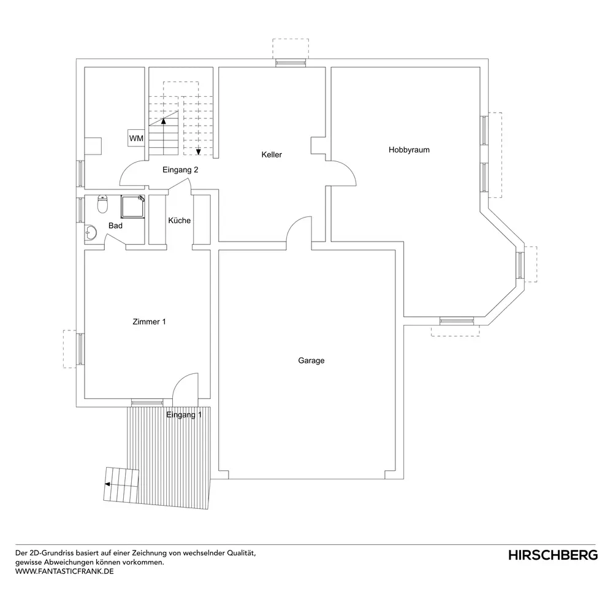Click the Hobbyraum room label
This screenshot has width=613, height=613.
pyautogui.click(x=409, y=150)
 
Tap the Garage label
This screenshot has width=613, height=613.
pyautogui.click(x=311, y=360)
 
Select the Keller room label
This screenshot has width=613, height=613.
pyautogui.click(x=272, y=155)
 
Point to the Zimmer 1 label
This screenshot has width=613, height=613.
pyautogui.click(x=150, y=322)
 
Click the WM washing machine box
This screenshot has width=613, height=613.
pyautogui.click(x=136, y=138)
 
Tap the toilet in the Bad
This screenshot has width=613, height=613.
pyautogui.click(x=102, y=204)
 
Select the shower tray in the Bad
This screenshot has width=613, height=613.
pyautogui.click(x=133, y=207)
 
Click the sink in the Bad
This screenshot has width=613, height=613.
pyautogui.click(x=90, y=233)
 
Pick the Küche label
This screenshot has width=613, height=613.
pyautogui.click(x=180, y=221)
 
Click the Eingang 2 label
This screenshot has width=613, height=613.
pyautogui.click(x=180, y=170)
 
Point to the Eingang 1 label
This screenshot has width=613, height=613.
pyautogui.click(x=184, y=415)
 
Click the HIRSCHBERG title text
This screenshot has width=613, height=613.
pyautogui.click(x=553, y=555)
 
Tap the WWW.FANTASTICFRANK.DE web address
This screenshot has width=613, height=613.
pyautogui.click(x=64, y=571)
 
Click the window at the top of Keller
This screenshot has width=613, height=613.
pyautogui.click(x=291, y=63)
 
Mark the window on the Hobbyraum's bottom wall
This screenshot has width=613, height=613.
pyautogui.click(x=457, y=321)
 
